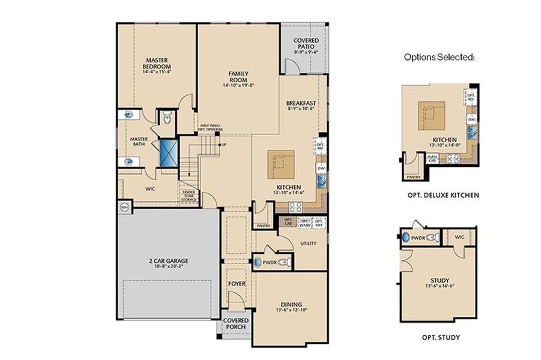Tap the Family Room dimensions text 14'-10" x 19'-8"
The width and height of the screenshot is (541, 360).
click(238, 85)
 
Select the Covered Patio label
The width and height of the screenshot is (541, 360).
click(306, 44)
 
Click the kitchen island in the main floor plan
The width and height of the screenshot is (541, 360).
click(280, 163)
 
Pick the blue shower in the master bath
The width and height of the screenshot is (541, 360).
click(168, 152)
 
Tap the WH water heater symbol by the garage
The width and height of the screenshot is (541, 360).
click(125, 207)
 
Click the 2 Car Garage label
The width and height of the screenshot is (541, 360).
click(169, 260)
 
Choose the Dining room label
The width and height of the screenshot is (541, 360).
click(291, 304)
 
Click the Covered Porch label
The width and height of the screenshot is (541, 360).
click(236, 323)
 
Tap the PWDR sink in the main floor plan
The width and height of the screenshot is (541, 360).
click(259, 262)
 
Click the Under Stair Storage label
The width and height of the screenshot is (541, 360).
click(191, 196)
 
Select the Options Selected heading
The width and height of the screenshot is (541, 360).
click(439, 58)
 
